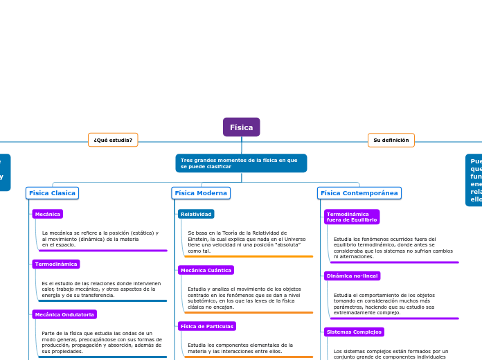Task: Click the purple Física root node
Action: [x=241, y=127]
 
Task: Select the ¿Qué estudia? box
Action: [x=113, y=140]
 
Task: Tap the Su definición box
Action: [x=391, y=140]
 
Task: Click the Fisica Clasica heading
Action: [x=53, y=192]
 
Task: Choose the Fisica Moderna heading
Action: [x=201, y=192]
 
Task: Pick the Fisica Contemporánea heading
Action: [x=359, y=192]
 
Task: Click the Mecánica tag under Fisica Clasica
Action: [x=48, y=214]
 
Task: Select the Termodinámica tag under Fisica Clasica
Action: [x=56, y=264]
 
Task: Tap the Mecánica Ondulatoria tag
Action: [x=64, y=314]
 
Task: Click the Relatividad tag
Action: [x=196, y=214]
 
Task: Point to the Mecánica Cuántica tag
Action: [x=206, y=270]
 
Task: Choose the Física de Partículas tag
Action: [x=207, y=326]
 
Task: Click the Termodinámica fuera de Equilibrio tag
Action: [x=352, y=217]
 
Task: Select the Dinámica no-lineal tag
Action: [x=352, y=276]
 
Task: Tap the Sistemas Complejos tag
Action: [x=354, y=332]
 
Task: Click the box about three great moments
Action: [x=241, y=163]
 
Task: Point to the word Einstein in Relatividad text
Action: [x=198, y=239]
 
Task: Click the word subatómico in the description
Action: [x=203, y=300]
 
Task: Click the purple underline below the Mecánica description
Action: [x=102, y=251]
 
